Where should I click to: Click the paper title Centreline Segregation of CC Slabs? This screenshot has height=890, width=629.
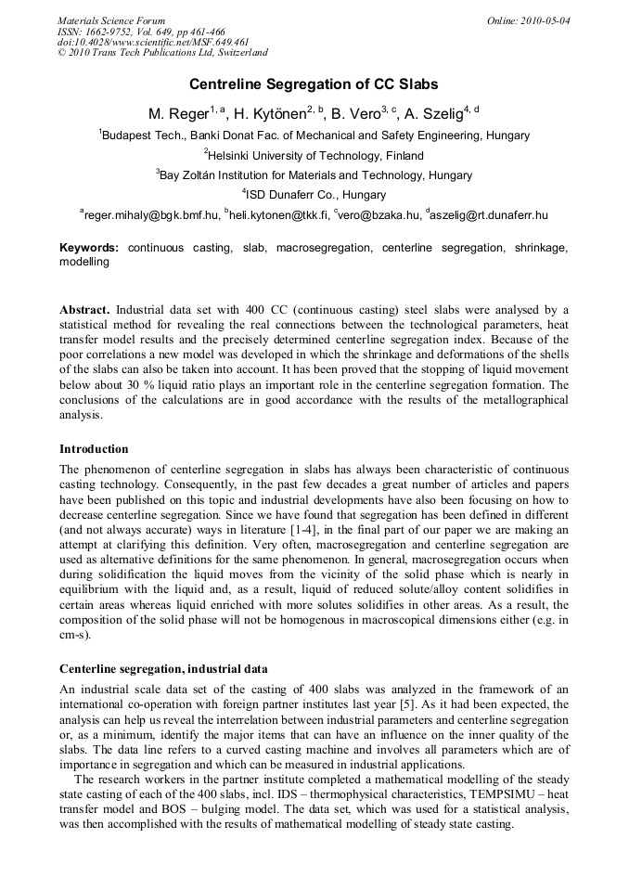tap(314, 84)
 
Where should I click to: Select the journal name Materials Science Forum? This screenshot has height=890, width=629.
tap(111, 20)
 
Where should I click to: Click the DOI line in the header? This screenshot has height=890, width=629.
tap(153, 43)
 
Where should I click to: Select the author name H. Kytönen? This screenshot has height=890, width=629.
tap(270, 114)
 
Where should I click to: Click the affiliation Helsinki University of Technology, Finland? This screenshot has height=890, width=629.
tap(314, 155)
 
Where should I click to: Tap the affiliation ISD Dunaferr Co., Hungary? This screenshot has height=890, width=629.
tap(314, 195)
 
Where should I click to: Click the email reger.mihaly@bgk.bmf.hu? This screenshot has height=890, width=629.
tap(151, 215)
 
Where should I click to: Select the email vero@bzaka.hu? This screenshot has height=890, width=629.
tap(378, 215)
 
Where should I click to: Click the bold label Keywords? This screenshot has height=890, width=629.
tap(89, 248)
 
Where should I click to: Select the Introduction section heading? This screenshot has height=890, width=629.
tap(94, 449)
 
